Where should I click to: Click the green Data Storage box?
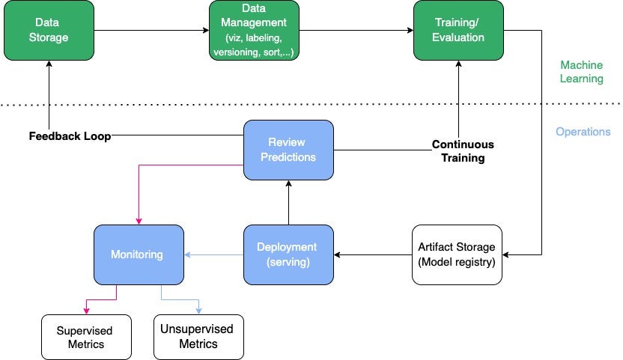(49, 31)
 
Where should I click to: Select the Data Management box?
(254, 31)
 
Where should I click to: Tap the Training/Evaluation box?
(458, 31)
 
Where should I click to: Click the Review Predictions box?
(288, 150)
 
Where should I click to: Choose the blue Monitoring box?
(139, 254)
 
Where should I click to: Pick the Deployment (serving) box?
(288, 254)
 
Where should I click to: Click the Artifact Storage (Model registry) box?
(457, 254)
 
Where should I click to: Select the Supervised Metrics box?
(85, 337)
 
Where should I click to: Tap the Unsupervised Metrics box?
(198, 337)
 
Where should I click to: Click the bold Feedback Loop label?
(70, 136)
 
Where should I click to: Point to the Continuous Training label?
(463, 150)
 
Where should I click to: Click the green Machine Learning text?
(581, 72)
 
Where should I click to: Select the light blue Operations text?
(583, 132)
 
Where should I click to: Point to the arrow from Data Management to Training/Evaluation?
(356, 31)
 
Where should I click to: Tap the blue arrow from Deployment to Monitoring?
(213, 255)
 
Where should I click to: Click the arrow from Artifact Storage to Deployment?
(372, 255)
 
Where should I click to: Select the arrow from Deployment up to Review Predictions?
(288, 202)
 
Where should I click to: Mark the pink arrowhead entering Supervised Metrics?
(86, 310)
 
